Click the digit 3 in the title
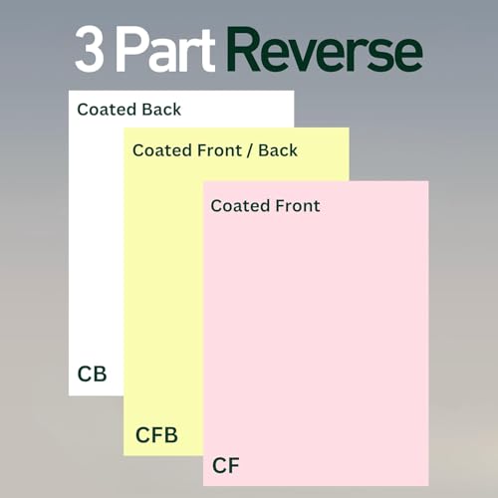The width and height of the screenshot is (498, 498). (90, 49)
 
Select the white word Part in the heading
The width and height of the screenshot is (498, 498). (165, 49)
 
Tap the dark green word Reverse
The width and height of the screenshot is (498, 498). (325, 49)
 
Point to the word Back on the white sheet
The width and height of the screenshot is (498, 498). (161, 110)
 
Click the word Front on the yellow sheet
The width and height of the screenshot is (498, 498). (219, 150)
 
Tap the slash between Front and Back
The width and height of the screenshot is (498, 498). (250, 150)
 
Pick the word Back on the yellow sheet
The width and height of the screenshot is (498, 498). (278, 150)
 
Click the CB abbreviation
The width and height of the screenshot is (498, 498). (92, 374)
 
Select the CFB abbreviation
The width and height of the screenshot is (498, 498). (156, 435)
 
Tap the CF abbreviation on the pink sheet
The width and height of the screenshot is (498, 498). (226, 465)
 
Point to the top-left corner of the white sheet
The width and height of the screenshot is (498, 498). (69, 91)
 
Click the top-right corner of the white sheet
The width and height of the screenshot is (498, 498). (294, 91)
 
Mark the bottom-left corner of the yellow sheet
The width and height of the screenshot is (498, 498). (124, 455)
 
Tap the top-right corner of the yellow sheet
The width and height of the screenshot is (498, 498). (349, 127)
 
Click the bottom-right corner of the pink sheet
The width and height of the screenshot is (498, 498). (428, 486)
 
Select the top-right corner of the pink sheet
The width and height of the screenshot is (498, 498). (428, 181)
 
